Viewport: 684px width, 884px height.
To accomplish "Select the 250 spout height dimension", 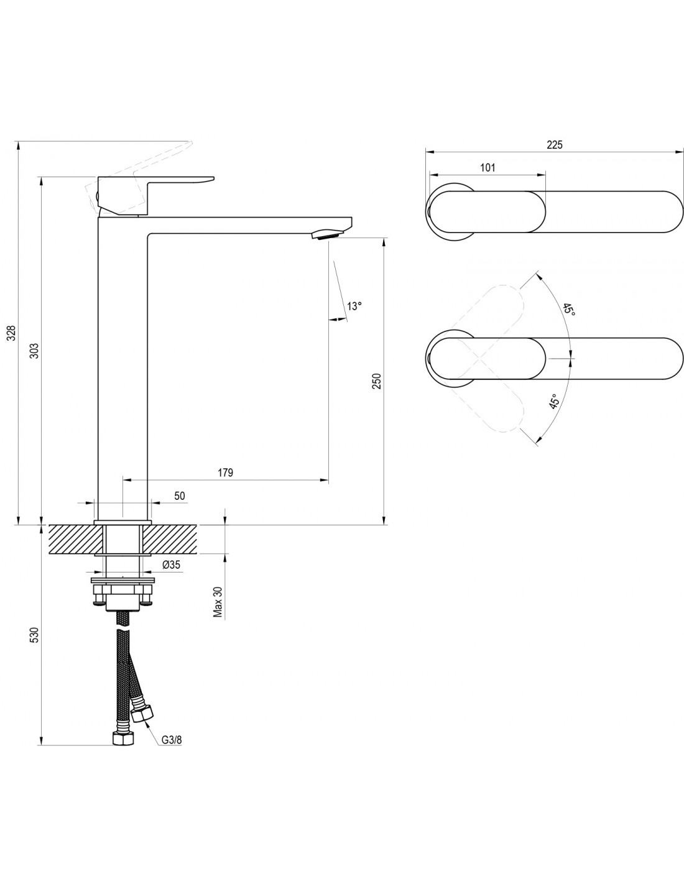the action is pos(377,381).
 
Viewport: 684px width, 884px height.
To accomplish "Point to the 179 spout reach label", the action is pos(225,472).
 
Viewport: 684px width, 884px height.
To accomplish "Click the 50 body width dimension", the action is pos(180,495).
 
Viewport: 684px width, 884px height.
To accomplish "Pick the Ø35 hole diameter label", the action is pos(170,564).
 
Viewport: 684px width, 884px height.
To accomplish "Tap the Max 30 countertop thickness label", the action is pos(218,602).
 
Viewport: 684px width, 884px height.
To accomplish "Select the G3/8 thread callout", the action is pos(172,740).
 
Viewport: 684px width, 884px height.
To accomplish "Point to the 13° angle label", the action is pos(354,306).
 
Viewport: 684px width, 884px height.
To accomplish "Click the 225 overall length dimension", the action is pos(555,144).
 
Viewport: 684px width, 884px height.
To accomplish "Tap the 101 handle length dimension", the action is pos(488,167).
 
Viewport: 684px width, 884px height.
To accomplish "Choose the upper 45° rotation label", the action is pos(569,310).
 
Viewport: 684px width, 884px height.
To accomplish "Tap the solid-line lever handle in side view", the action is pos(155,196).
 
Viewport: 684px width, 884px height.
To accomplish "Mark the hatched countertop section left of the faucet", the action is pos(72,539).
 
